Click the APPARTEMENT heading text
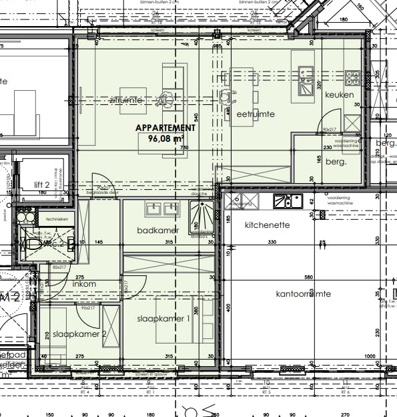coord(165,128)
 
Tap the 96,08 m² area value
coord(165,138)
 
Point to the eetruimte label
coord(256,114)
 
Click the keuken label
coord(339,95)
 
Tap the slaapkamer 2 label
coord(81,333)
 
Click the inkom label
coord(84,283)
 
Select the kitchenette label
coord(267,225)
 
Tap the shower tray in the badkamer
coord(201,215)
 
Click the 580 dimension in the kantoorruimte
coord(308,277)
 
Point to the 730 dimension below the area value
coord(184,148)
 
